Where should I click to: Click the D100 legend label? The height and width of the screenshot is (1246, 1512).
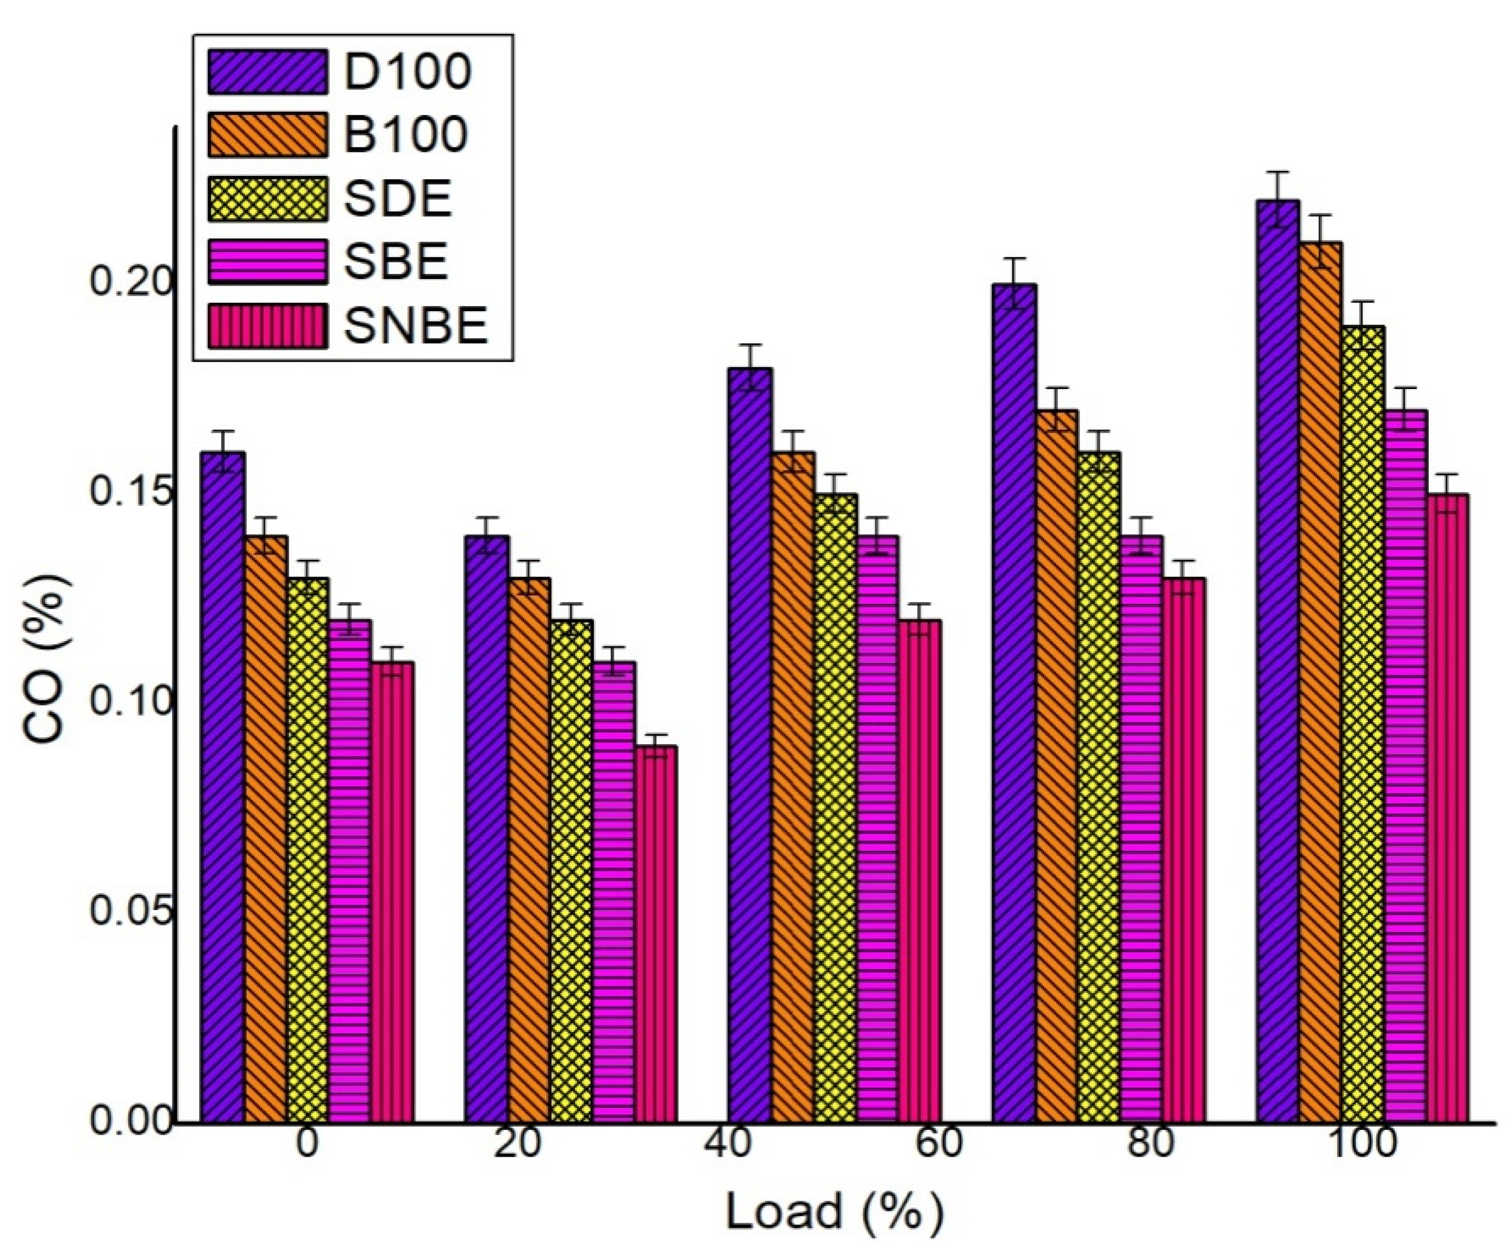pos(407,71)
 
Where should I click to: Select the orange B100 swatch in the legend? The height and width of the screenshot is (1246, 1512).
pos(268,134)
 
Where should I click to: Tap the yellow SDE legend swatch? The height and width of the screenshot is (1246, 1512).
pos(268,198)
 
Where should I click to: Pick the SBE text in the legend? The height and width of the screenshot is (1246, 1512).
pos(396,261)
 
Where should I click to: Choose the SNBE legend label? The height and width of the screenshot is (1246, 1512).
pos(416,325)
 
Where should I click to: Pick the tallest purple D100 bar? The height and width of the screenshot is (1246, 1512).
pos(1278,660)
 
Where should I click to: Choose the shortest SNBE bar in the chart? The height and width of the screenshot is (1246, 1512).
pos(656,933)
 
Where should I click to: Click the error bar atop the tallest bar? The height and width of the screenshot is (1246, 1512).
pos(1278,199)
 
